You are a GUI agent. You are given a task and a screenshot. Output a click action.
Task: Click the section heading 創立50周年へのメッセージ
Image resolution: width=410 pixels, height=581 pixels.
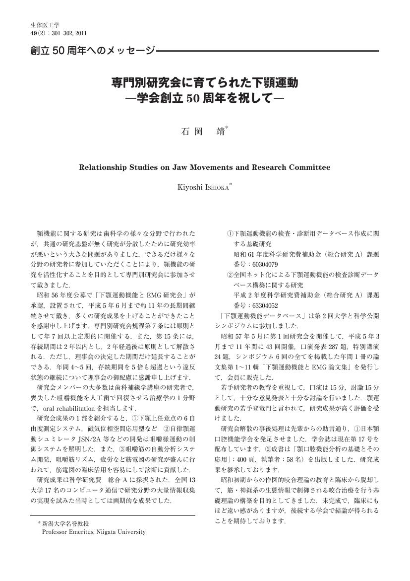coord(92,50)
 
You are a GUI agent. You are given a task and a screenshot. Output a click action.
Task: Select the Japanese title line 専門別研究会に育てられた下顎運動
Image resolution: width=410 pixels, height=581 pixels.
coord(204,82)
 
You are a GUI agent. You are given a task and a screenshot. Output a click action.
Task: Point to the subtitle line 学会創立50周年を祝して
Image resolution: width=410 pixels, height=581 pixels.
coord(204,97)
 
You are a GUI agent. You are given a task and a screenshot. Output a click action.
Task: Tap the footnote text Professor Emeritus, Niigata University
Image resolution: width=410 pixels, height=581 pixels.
coord(94,532)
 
